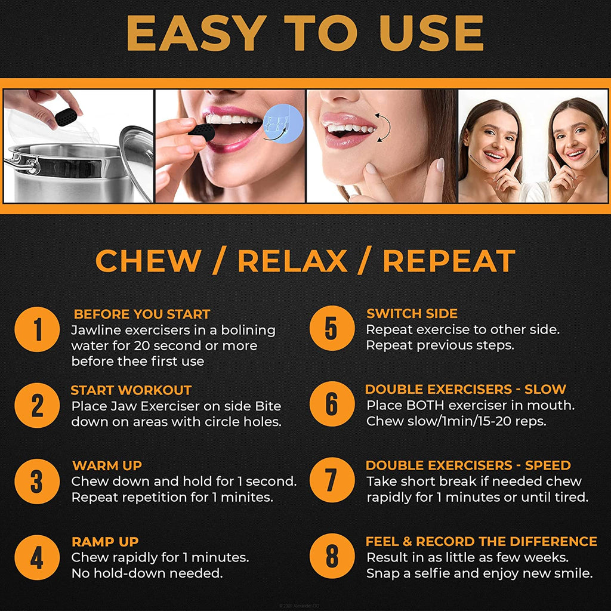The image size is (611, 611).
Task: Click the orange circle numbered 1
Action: tap(37, 329)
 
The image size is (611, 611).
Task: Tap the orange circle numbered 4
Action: tap(37, 558)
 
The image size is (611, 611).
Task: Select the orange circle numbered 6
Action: tap(332, 405)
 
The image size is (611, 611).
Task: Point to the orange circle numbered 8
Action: tap(332, 558)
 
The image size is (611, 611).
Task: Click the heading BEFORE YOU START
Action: tap(141, 314)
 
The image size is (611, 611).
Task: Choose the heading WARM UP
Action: tap(107, 466)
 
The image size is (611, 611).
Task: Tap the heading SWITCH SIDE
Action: tap(412, 314)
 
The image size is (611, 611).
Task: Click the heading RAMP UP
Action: tap(105, 542)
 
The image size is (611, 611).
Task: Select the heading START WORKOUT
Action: tap(131, 391)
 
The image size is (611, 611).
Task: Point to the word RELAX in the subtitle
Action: tap(292, 261)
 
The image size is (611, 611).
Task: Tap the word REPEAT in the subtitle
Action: tap(449, 261)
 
